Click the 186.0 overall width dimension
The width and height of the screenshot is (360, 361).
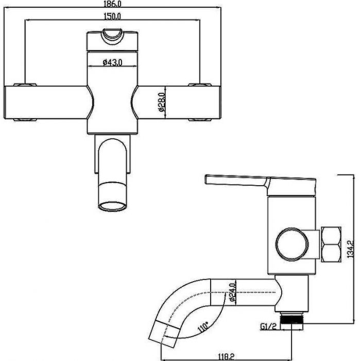pos(112,4)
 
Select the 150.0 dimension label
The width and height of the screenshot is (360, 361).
pos(112,17)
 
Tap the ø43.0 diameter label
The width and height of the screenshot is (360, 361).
pos(112,62)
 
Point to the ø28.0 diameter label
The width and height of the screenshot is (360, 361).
pos(162,102)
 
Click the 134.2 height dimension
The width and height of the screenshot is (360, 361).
pos(351,249)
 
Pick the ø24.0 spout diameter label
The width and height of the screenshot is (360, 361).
pos(232,292)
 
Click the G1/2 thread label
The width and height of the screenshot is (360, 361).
pos(268,326)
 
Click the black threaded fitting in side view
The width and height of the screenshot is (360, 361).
pos(292,320)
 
